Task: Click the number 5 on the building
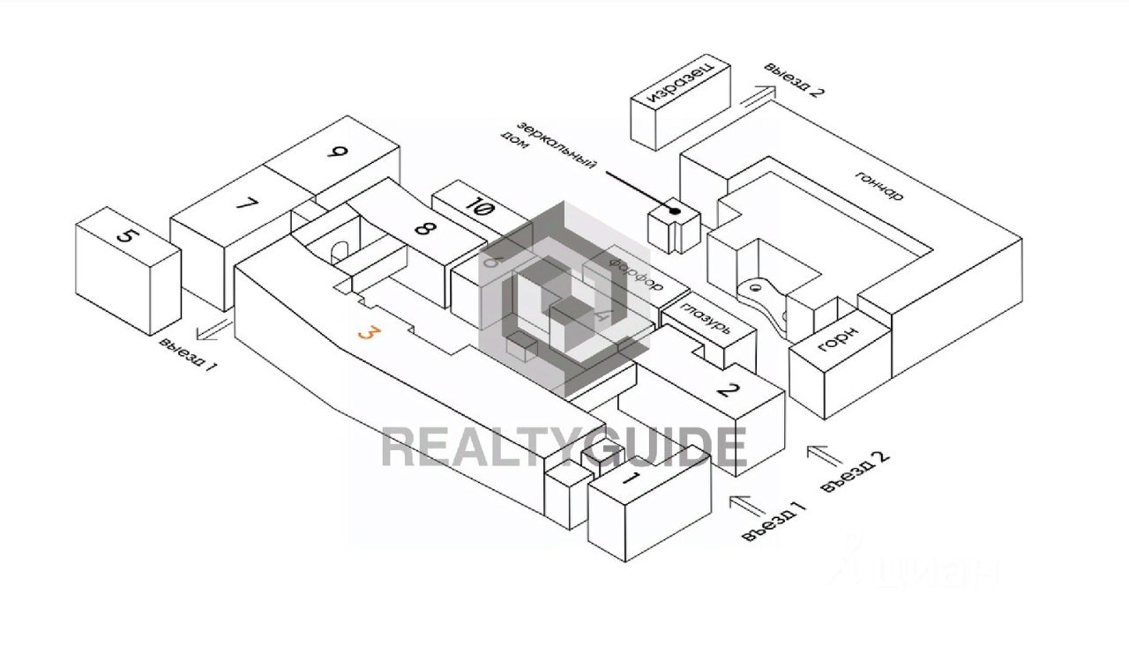[129, 237]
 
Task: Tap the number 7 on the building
[247, 204]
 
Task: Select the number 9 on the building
[336, 152]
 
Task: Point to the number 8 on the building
[424, 229]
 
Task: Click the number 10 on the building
[482, 209]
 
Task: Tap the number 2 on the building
[727, 389]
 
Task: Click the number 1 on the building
[631, 479]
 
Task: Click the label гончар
[879, 183]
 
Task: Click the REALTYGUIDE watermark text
[564, 448]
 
